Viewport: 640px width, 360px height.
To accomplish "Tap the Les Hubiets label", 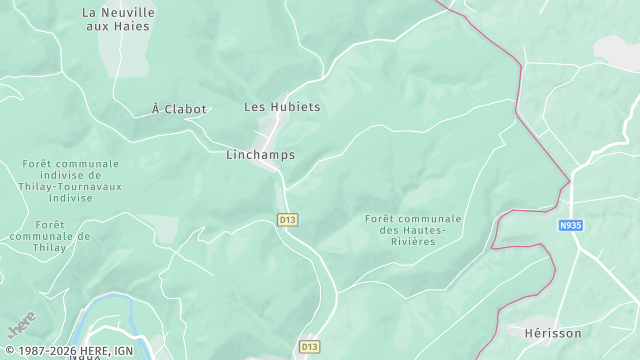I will (282, 107).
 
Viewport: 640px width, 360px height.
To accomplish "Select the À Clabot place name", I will (179, 109).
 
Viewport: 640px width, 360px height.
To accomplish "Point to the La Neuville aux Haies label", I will (118, 19).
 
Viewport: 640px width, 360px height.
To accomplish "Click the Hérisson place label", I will (552, 333).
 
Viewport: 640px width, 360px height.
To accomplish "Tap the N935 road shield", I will (570, 226).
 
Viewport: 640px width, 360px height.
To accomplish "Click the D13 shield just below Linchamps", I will (288, 219).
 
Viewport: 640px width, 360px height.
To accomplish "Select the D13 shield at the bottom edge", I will (308, 346).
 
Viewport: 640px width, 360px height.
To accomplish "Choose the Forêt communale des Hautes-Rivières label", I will (413, 230).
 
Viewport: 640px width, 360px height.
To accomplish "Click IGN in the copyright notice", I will (123, 351).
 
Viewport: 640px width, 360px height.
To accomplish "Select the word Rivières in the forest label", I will (413, 241).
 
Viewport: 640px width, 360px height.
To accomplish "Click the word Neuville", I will (132, 12).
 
